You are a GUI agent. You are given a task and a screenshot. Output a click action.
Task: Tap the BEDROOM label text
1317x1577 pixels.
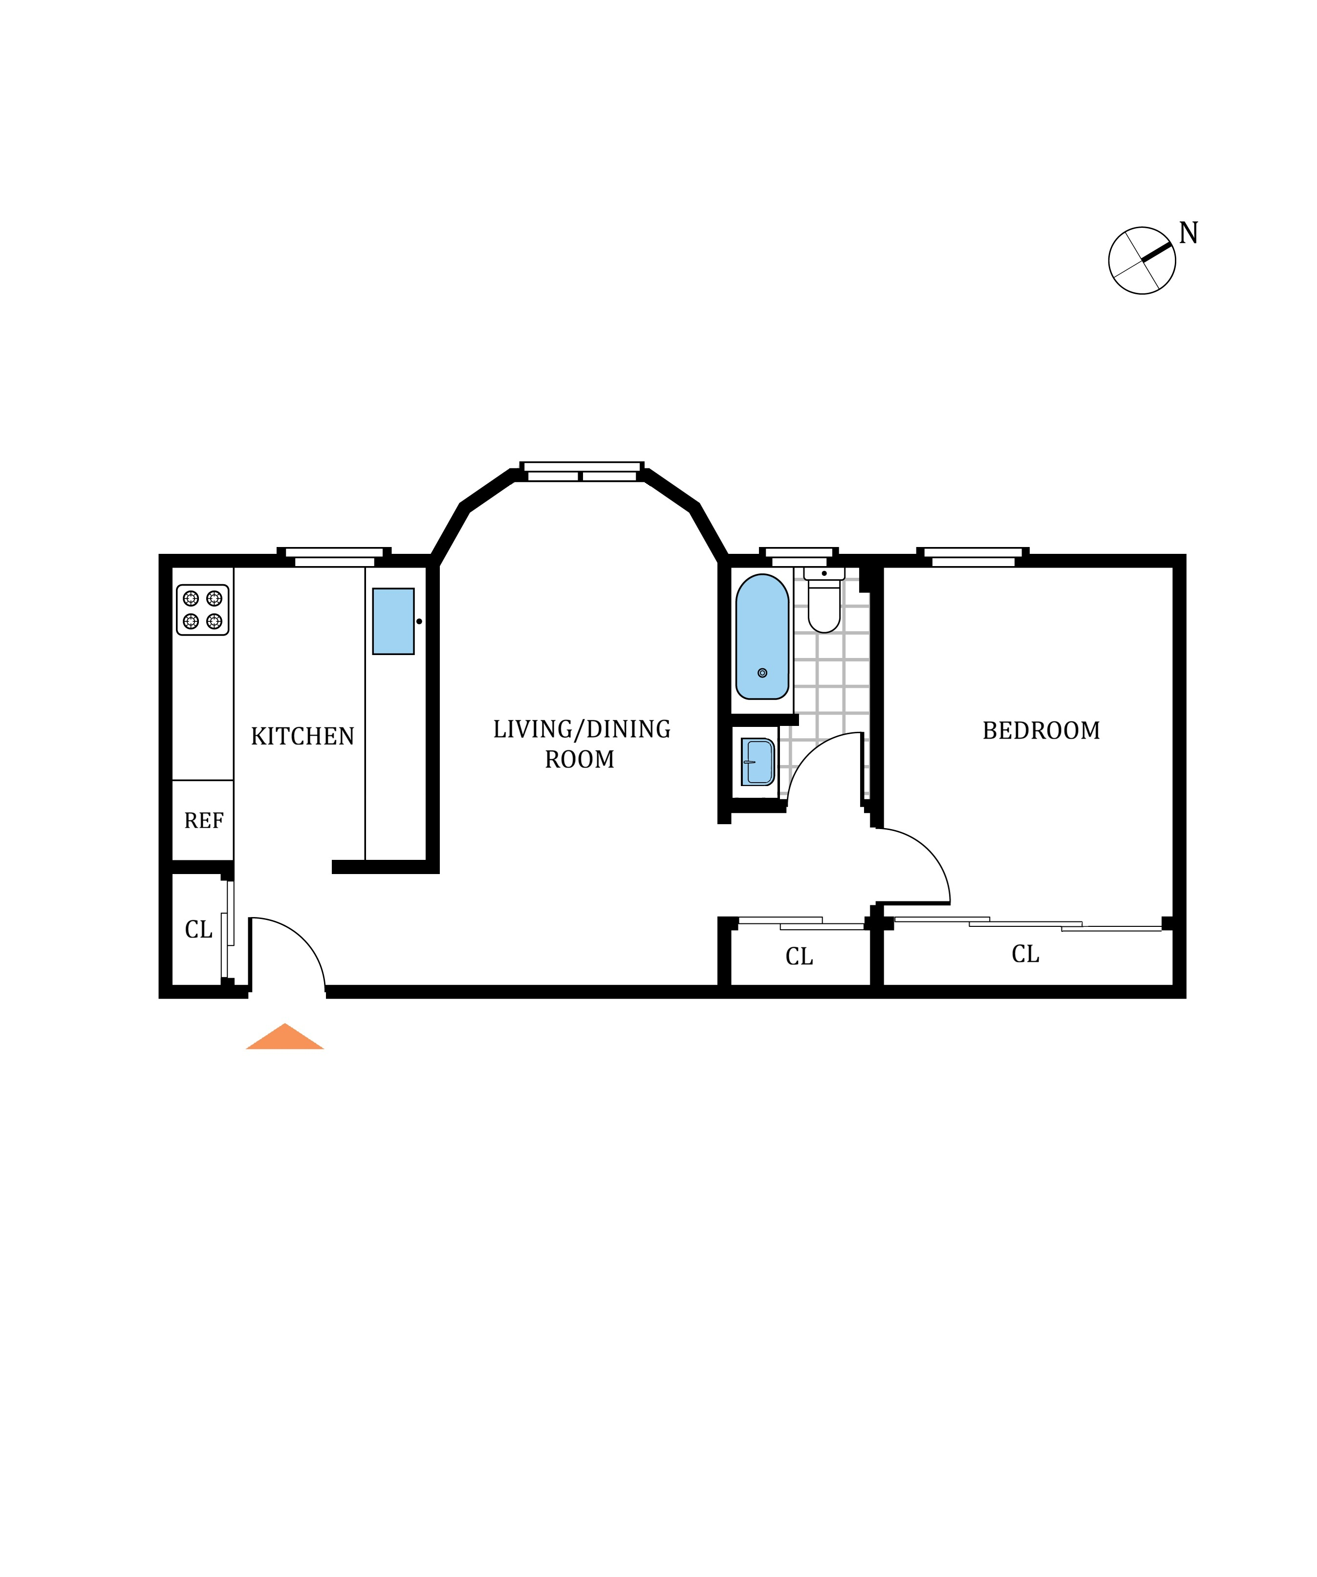click(1041, 731)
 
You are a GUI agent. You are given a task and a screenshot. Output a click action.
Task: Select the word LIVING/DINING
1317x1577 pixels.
click(581, 729)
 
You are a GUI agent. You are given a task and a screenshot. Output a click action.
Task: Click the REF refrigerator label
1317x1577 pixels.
click(203, 821)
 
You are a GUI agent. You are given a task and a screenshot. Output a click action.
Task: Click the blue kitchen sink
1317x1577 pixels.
click(393, 621)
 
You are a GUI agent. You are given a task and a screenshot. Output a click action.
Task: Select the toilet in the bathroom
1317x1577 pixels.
click(824, 605)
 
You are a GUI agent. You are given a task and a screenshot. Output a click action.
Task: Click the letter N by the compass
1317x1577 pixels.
click(1188, 234)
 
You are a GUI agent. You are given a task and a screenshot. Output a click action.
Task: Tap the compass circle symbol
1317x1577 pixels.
click(1141, 261)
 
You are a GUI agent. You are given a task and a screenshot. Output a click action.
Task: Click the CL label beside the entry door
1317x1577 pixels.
click(199, 930)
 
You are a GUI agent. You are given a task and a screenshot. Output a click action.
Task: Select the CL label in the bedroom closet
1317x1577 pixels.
click(1025, 954)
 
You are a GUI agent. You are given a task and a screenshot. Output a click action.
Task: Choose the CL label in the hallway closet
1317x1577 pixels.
click(799, 956)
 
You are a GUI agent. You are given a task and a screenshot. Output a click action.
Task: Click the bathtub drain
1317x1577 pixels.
click(762, 673)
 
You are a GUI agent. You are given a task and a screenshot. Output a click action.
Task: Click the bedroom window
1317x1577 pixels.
click(972, 556)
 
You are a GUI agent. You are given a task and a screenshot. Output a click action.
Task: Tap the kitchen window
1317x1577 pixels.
click(334, 556)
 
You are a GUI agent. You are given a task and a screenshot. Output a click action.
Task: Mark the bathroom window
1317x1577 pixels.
click(799, 556)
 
